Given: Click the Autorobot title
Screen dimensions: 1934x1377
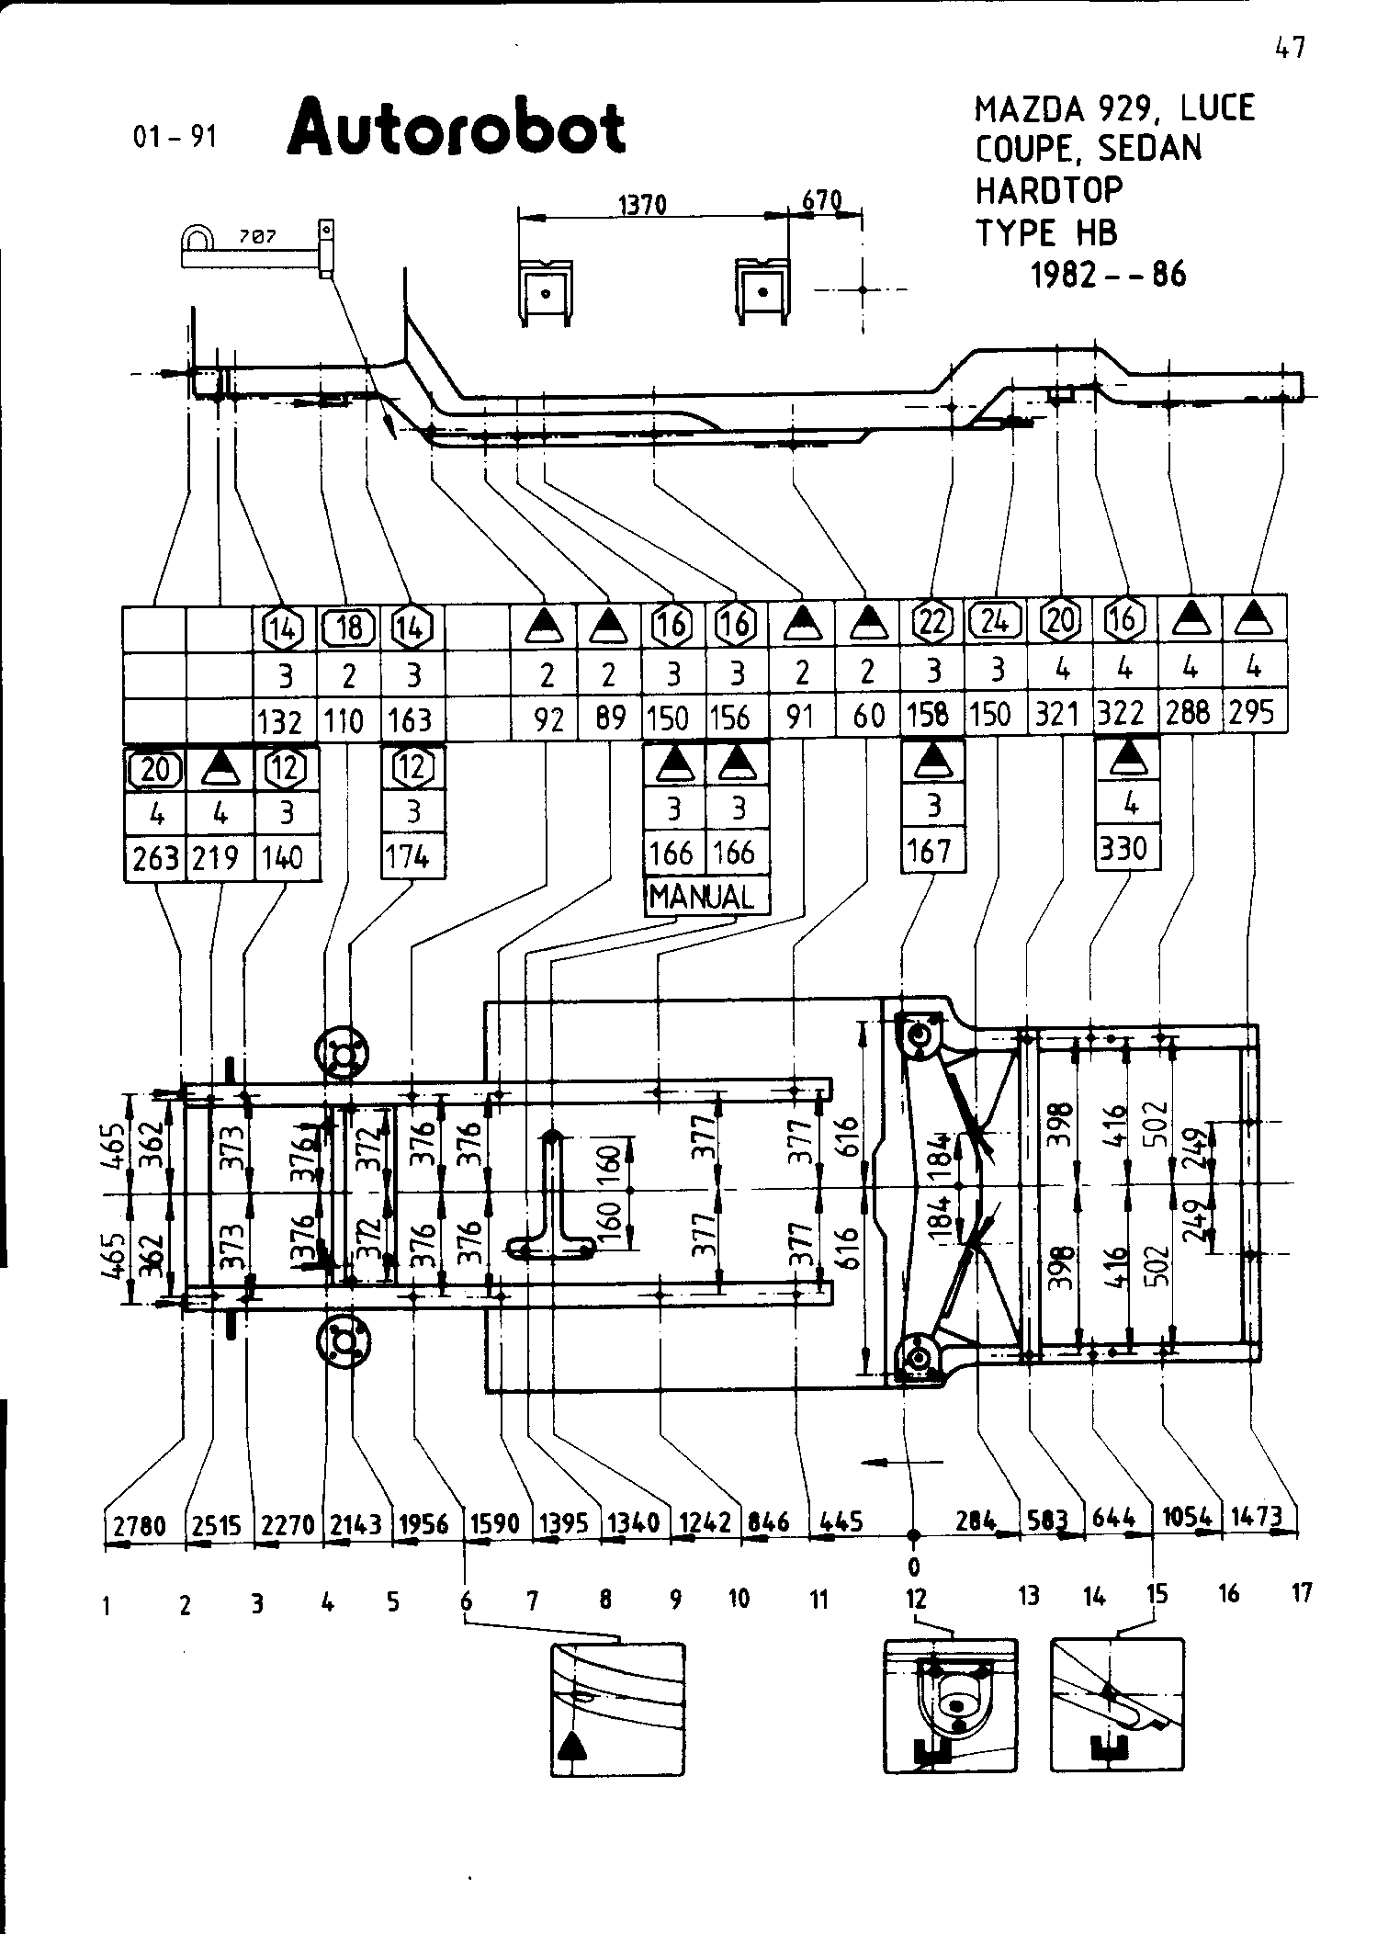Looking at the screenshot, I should (457, 128).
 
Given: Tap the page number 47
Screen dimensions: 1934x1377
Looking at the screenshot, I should (1291, 48).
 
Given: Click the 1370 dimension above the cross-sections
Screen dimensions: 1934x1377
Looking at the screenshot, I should (642, 205).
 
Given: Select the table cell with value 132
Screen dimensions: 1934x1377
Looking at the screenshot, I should (285, 720).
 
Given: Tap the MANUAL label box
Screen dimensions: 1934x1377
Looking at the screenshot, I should (705, 897).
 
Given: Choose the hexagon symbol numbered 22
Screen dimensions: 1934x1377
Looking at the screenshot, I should (932, 623).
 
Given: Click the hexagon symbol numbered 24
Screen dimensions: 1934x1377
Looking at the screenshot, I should (996, 622).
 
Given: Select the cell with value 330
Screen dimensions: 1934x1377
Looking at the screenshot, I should (1127, 849).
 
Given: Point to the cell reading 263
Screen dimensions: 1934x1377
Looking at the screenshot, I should (155, 858).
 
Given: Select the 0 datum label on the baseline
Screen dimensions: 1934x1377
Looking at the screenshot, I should (914, 1565).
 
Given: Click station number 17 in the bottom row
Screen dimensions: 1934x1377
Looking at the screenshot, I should (1302, 1593).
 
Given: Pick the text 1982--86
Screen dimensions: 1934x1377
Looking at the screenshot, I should (1109, 275).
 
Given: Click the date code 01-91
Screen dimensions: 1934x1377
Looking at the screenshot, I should (175, 136).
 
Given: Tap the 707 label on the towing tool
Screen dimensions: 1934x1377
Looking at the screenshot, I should (258, 237).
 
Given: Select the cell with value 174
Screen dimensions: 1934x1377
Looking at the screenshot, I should (410, 858).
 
